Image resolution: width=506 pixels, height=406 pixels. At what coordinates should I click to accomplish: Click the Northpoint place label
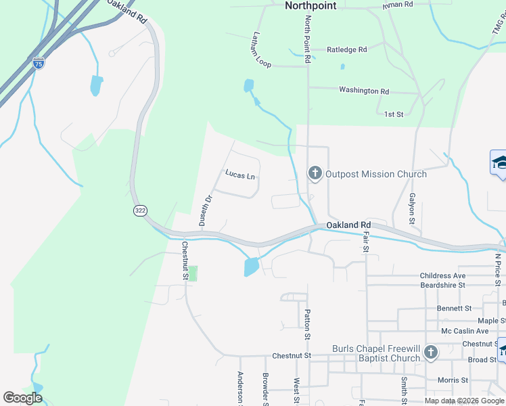(x=310, y=5)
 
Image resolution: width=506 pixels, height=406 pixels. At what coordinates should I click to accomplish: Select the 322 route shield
(x=140, y=211)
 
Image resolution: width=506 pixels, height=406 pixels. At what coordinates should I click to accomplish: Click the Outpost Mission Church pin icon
(x=315, y=173)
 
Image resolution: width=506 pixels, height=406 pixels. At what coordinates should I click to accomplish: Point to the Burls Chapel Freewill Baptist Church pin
(x=431, y=352)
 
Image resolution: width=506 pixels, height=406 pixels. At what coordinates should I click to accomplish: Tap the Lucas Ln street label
(x=240, y=175)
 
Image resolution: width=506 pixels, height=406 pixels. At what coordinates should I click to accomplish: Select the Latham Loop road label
(x=261, y=50)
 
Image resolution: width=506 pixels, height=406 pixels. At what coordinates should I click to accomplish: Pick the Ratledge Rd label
(x=346, y=49)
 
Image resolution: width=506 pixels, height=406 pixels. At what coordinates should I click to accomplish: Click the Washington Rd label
(x=364, y=91)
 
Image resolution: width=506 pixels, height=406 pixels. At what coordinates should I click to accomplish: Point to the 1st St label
(x=393, y=114)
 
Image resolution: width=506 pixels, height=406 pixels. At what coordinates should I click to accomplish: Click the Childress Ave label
(x=442, y=276)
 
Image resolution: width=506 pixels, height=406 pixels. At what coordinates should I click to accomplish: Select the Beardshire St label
(x=442, y=286)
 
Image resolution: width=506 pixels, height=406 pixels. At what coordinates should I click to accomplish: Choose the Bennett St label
(x=454, y=308)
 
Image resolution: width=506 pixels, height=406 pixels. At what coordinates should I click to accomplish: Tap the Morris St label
(x=453, y=380)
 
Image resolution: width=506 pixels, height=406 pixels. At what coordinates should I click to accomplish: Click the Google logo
(x=22, y=398)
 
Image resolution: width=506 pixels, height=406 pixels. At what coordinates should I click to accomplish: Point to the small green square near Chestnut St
(x=192, y=273)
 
